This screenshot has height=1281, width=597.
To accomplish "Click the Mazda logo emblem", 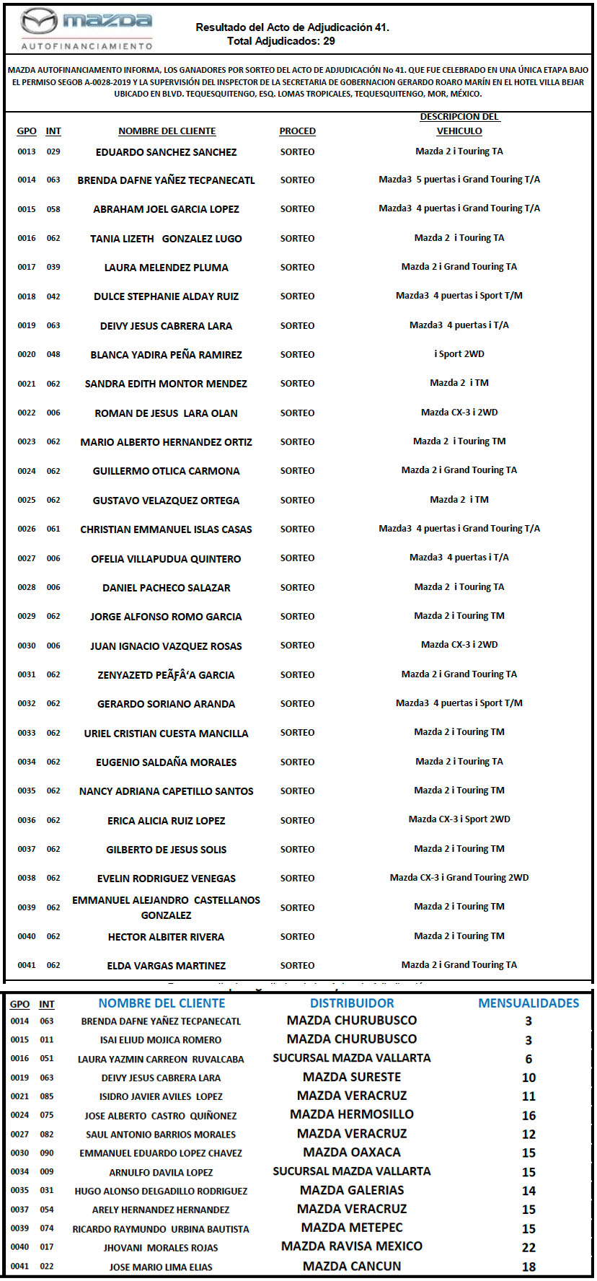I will pos(38,22).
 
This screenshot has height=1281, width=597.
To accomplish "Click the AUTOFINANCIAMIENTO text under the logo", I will pos(87,45).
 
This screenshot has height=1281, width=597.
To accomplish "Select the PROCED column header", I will pos(297,131).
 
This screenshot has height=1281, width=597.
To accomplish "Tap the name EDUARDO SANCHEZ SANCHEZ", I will pos(166,152).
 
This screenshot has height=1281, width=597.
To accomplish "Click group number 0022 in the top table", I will pos(27,413).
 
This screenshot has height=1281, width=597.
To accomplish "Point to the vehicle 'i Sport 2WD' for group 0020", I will pos(459,354).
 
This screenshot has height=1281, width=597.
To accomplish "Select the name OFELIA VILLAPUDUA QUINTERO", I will pos(166,558).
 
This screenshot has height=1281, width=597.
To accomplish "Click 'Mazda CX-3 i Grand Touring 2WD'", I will pos(459,878).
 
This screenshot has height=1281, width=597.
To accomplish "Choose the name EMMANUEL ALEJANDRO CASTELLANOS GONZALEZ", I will pos(166,907).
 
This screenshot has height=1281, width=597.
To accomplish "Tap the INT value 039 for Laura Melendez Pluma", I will pos(53,267).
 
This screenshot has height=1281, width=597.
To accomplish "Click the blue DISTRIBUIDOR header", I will pos(352,1003).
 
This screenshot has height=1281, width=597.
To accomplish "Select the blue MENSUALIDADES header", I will pos(529,1003).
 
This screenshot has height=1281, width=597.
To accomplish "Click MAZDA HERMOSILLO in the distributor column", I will pos(352,1114).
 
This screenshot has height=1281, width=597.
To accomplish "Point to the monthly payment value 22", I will pos(529,1247).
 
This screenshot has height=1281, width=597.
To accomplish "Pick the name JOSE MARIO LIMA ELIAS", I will pos(161,1267).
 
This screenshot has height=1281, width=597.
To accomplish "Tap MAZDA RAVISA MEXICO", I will pos(352,1246).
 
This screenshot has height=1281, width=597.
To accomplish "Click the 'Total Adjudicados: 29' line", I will pos(280,41).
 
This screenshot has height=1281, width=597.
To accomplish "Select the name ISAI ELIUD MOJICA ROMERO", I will pos(161,1040).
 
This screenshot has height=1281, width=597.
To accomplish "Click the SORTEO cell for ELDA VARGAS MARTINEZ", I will pos(297,965).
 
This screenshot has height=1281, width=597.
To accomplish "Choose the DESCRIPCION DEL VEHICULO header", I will pos(459,123).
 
